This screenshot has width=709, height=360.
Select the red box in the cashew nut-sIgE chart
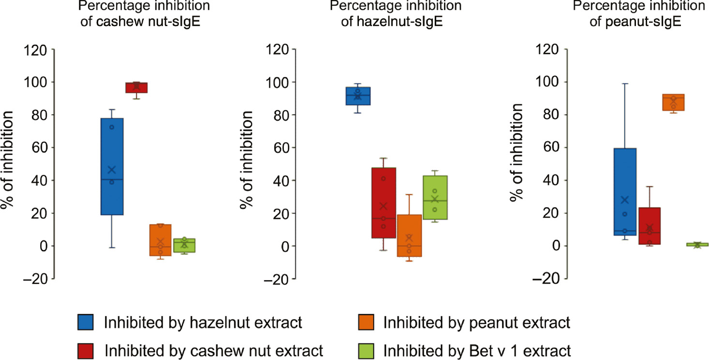(x=136, y=88)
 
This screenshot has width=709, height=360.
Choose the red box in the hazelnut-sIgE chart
(x=384, y=203)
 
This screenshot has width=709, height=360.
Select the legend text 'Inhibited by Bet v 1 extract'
(x=477, y=349)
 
